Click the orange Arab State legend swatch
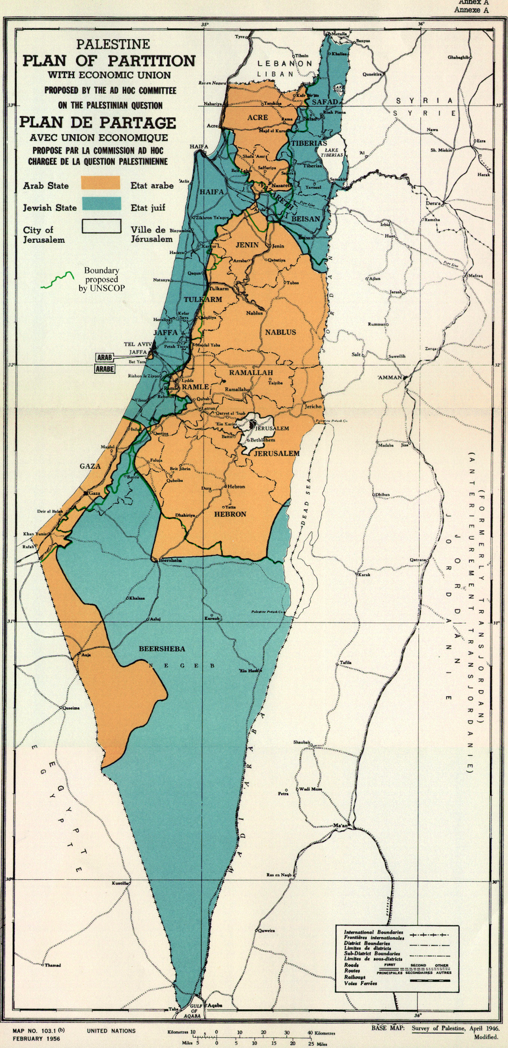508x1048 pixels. pos(100,183)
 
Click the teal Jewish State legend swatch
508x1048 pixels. pos(100,205)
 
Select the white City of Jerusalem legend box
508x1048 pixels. pos(102,226)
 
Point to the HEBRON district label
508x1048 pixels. pos(230,514)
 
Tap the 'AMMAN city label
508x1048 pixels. pos(389,377)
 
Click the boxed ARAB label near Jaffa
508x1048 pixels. pos(105,358)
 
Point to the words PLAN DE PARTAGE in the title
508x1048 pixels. pos(97,123)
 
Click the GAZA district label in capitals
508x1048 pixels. pos(90,466)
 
